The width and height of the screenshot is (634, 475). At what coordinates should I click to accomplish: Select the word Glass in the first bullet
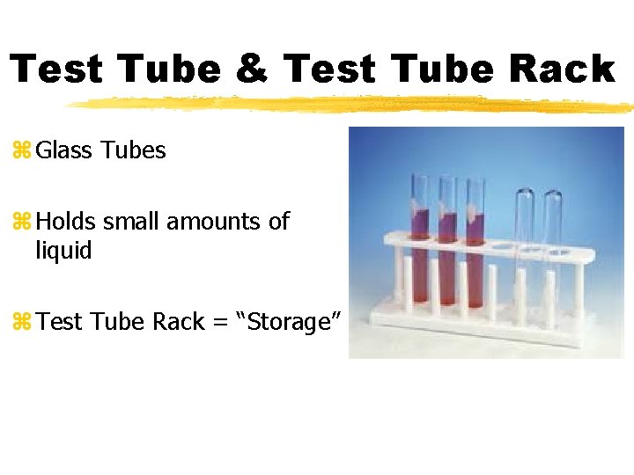pos(65,150)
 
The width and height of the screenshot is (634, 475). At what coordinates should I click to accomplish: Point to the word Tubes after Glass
pos(133,150)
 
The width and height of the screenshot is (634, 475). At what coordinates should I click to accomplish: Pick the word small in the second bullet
pos(133,222)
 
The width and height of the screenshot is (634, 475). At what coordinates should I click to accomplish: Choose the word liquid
pos(63,251)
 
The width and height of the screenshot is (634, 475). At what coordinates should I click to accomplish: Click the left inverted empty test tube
pos(526,224)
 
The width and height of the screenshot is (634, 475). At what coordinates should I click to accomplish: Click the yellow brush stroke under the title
pos(352,104)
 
